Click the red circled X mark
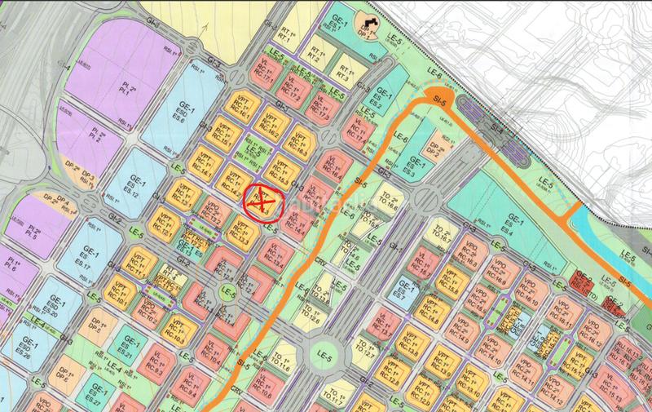262,199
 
